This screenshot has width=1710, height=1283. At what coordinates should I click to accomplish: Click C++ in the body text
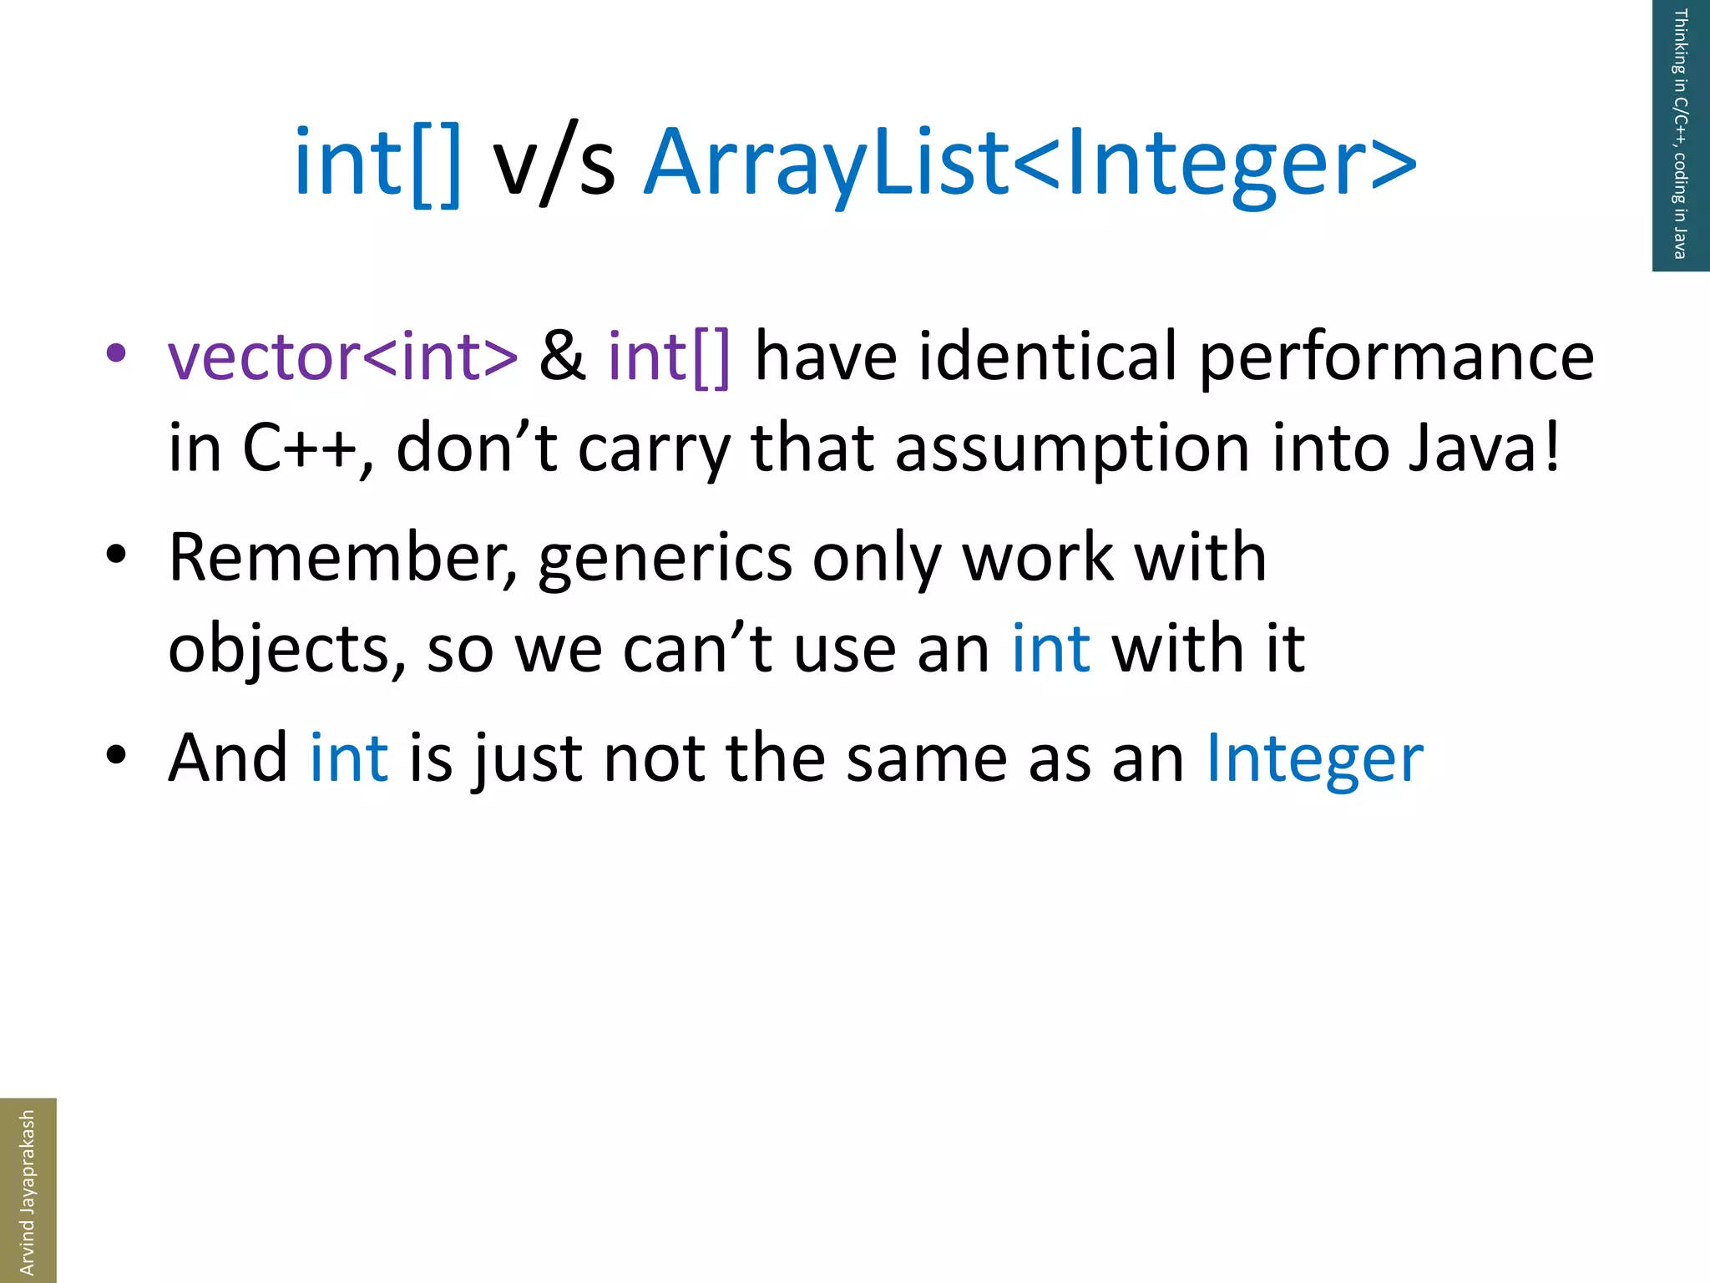click(300, 449)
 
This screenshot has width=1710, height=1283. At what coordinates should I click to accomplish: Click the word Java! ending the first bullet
click(1484, 449)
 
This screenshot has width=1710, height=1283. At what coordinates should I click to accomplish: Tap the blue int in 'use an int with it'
click(1050, 649)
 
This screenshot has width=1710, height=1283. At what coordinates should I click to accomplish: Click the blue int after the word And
click(348, 758)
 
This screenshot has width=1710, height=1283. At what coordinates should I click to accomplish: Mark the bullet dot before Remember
click(116, 554)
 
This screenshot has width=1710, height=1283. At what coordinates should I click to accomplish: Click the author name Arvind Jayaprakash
click(27, 1191)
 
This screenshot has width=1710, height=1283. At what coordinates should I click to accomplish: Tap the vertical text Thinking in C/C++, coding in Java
click(1680, 134)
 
